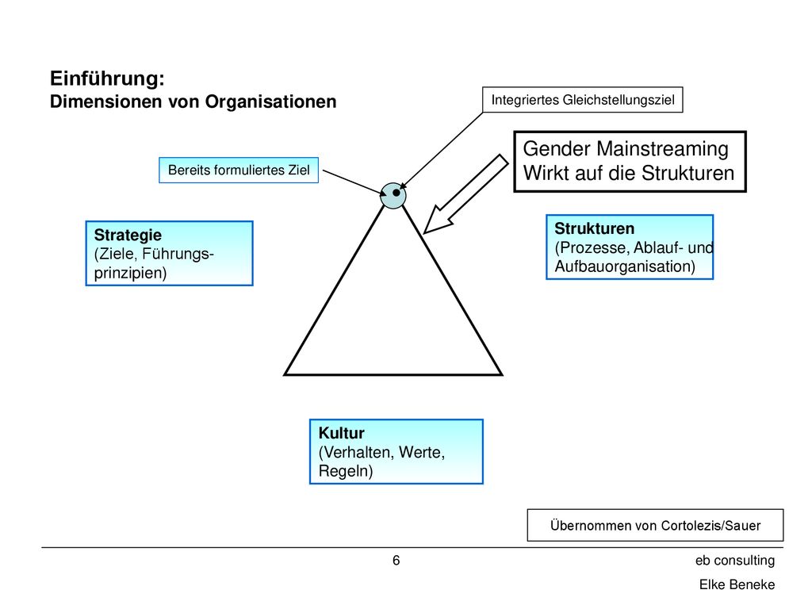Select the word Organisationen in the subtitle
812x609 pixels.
(x=271, y=101)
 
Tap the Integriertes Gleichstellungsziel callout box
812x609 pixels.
(x=583, y=99)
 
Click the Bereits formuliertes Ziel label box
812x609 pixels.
(x=239, y=170)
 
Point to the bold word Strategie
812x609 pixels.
(x=128, y=235)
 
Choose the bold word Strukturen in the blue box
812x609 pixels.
(x=595, y=228)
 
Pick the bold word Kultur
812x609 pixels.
(x=341, y=433)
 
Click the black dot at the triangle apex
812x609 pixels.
(x=396, y=193)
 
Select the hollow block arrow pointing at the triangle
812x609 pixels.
(x=465, y=195)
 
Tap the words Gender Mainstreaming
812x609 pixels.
(x=626, y=149)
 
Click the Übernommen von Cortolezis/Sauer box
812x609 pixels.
(x=655, y=525)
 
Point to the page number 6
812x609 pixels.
(x=396, y=561)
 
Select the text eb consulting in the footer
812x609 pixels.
(x=735, y=561)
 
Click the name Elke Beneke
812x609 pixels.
(x=737, y=584)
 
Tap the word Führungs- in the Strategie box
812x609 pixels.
(x=178, y=255)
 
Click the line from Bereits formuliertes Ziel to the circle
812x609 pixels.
(x=354, y=182)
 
